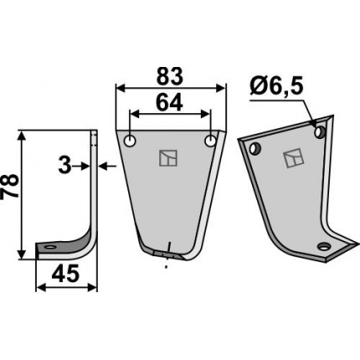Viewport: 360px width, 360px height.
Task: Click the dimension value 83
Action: point(170,75)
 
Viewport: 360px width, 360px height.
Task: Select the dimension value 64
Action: point(170,102)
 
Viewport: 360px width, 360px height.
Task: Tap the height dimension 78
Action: point(10,187)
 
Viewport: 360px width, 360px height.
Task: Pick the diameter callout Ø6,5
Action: point(276,88)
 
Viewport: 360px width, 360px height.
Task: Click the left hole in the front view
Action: point(130,141)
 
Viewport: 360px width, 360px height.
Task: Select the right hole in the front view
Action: point(210,141)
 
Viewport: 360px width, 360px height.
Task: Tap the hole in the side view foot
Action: point(50,247)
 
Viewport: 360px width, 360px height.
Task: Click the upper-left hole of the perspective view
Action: point(255,148)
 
